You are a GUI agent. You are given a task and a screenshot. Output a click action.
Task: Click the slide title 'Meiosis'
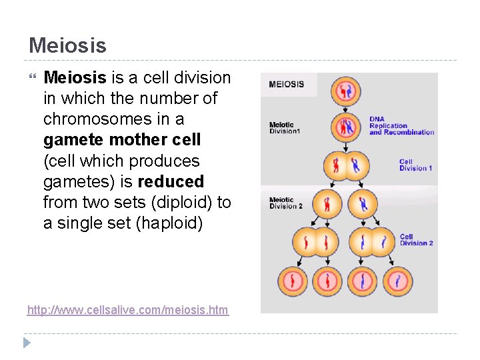click(67, 45)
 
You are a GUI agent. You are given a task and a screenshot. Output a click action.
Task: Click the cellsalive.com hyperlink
click(127, 310)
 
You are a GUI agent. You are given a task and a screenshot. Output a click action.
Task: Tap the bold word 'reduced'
click(171, 181)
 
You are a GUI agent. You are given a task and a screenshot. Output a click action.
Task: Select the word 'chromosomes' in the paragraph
click(94, 119)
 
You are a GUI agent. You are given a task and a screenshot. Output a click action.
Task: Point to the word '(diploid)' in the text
click(185, 202)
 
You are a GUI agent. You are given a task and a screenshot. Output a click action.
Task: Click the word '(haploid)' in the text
click(169, 223)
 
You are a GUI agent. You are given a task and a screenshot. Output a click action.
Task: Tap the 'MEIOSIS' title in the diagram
click(287, 84)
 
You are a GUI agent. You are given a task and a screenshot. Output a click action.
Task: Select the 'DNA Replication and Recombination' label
click(401, 126)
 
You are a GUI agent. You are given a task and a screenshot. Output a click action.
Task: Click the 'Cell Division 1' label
click(415, 165)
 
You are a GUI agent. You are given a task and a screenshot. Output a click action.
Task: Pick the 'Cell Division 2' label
click(416, 239)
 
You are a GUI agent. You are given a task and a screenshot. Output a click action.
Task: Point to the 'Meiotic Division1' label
click(285, 127)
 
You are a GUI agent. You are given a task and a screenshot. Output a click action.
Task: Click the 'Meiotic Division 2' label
click(286, 203)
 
